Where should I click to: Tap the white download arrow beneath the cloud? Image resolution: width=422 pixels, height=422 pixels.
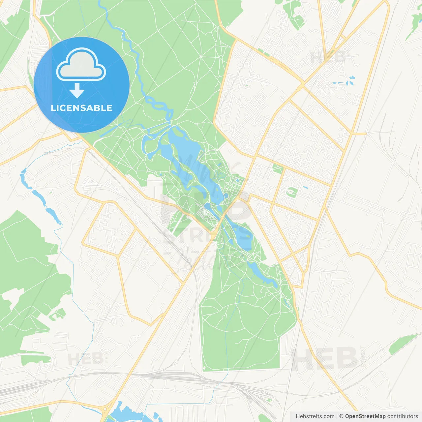(x=77, y=91)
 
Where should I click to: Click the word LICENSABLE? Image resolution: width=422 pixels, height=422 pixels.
(x=81, y=108)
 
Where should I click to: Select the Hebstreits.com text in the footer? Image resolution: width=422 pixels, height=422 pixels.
(x=315, y=416)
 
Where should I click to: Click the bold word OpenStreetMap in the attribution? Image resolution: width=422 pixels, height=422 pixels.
(x=365, y=416)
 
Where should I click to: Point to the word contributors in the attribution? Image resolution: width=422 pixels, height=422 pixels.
(x=403, y=416)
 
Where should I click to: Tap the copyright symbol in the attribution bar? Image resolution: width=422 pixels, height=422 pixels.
(x=342, y=416)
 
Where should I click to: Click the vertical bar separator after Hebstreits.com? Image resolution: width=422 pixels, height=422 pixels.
(x=337, y=416)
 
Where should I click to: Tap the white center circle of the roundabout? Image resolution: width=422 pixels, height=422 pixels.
(x=106, y=410)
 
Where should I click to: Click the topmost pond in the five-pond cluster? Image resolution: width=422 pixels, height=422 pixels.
(x=352, y=78)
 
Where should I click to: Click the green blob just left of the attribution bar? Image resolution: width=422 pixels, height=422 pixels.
(x=264, y=418)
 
